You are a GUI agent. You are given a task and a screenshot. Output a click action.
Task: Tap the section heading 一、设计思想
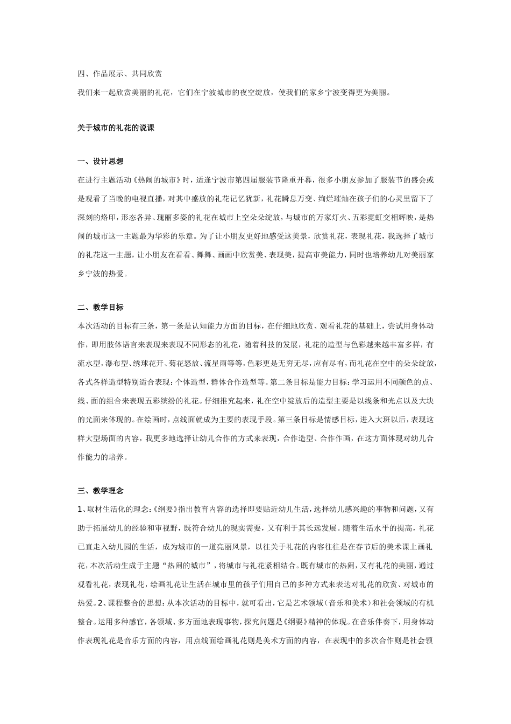[101, 162]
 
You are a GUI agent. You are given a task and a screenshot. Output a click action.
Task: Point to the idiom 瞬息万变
[296, 199]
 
